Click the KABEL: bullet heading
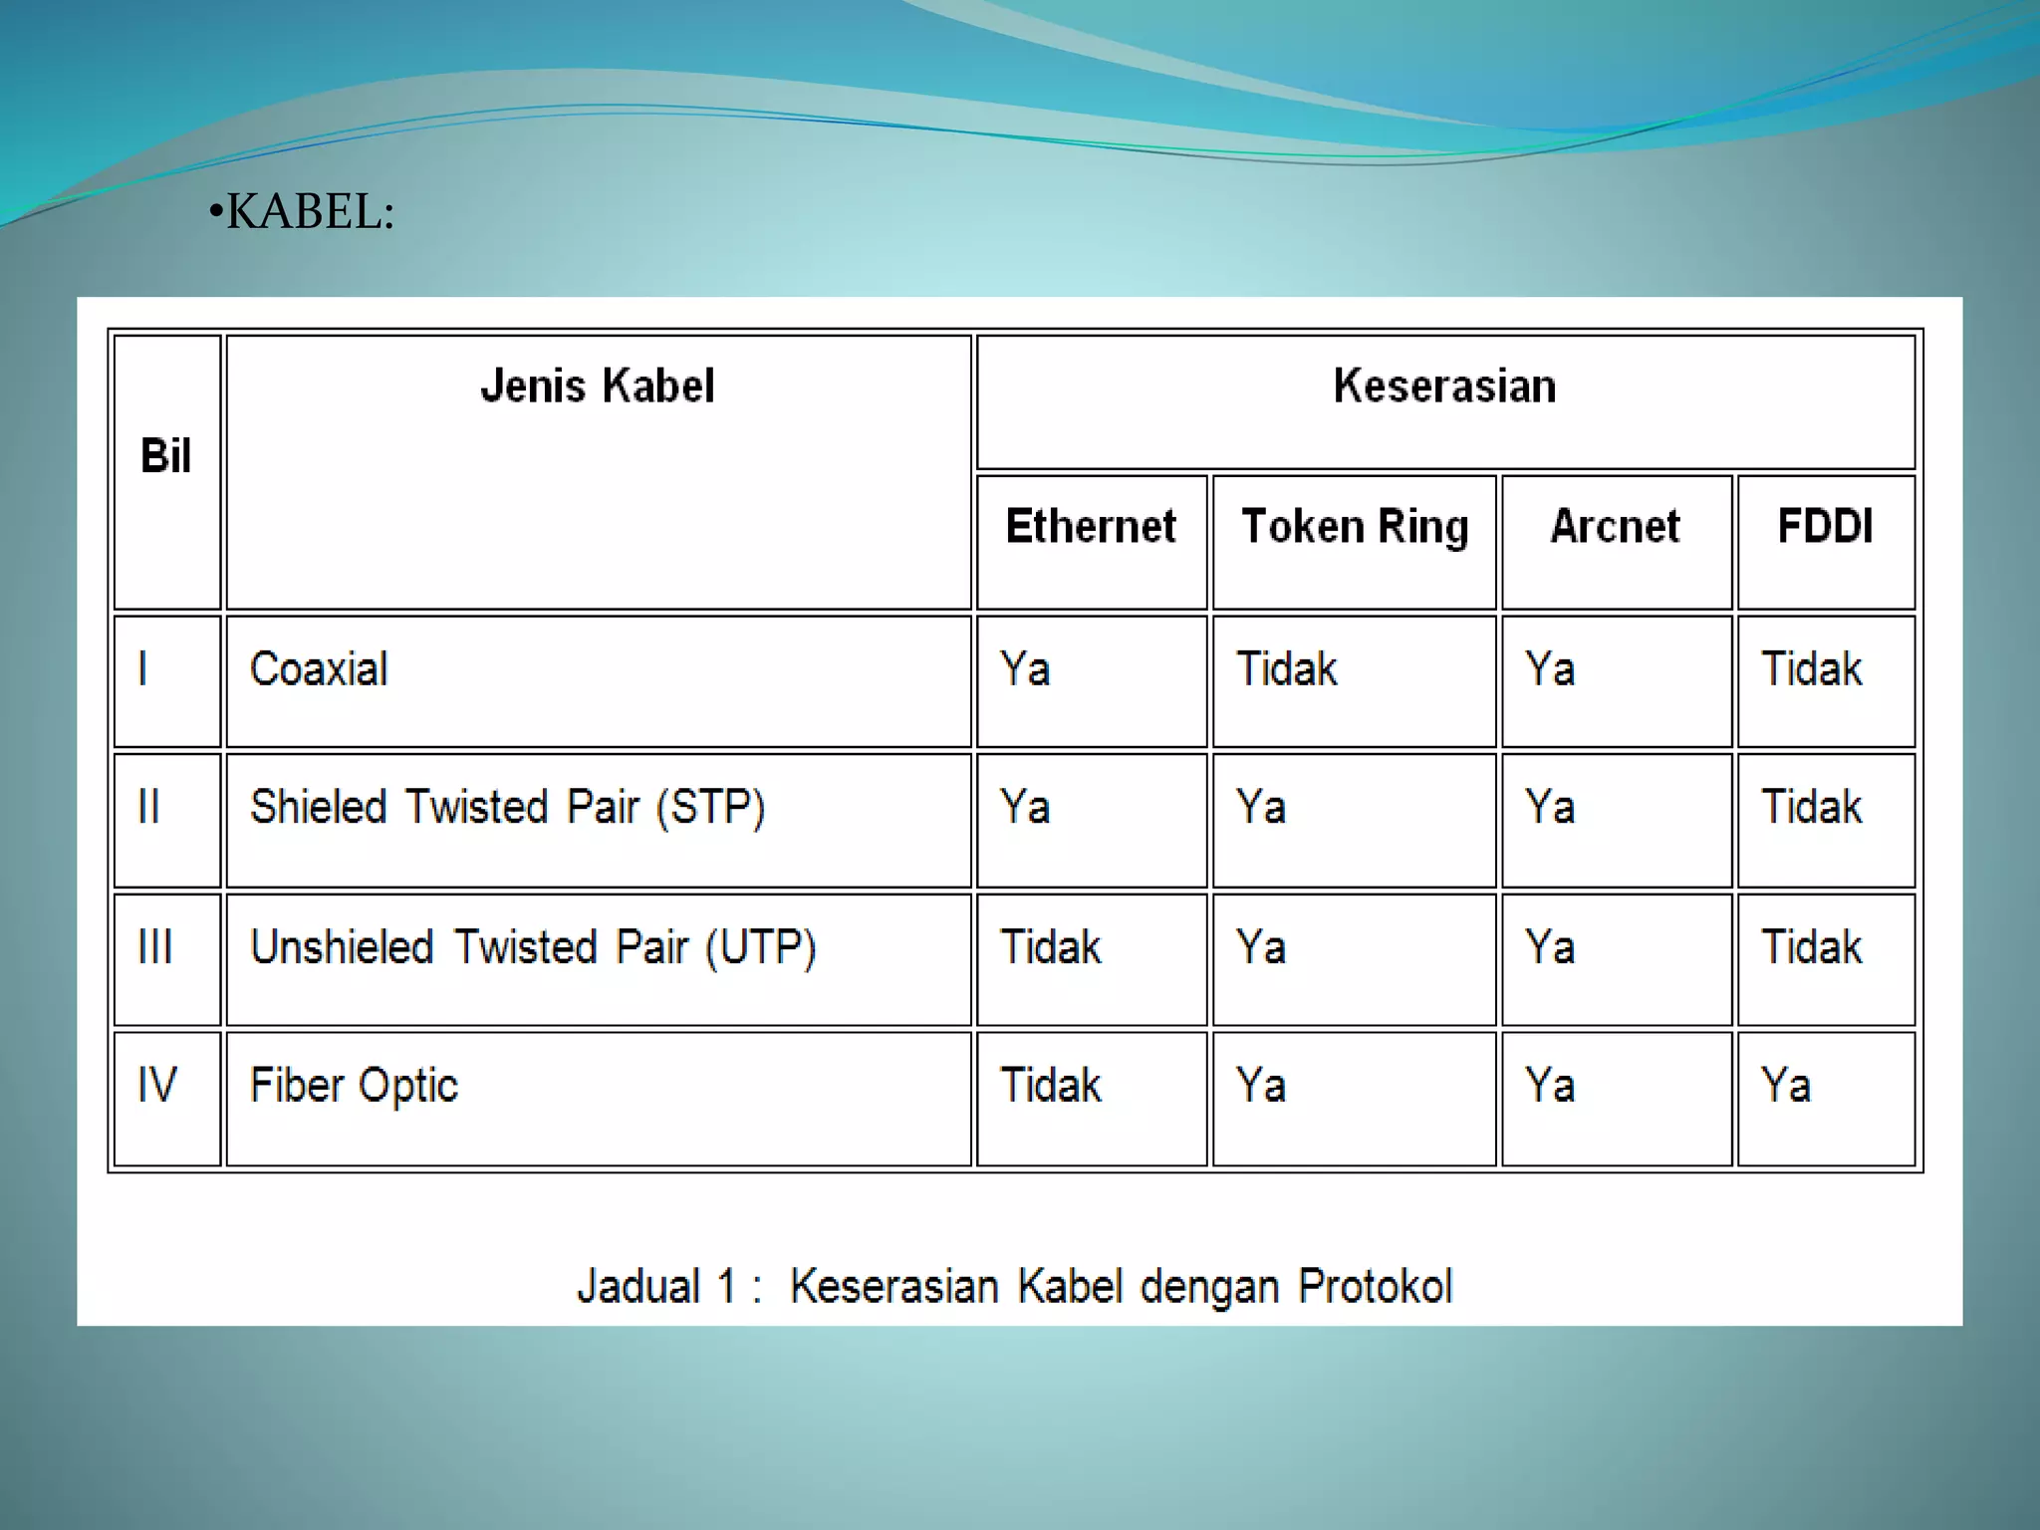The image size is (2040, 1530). pyautogui.click(x=303, y=212)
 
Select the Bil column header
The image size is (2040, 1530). pyautogui.click(x=165, y=456)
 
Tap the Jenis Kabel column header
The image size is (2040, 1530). pyautogui.click(x=598, y=386)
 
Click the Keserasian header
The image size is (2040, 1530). pyautogui.click(x=1444, y=386)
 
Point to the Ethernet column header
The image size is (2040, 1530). pyautogui.click(x=1091, y=527)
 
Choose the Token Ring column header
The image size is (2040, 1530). pyautogui.click(x=1355, y=527)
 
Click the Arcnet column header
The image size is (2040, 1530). pyautogui.click(x=1615, y=527)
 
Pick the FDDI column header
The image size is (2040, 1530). pyautogui.click(x=1825, y=527)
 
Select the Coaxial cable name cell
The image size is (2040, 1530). pyautogui.click(x=319, y=669)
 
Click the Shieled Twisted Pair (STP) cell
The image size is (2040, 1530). pyautogui.click(x=507, y=808)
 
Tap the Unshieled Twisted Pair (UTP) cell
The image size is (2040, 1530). pyautogui.click(x=533, y=947)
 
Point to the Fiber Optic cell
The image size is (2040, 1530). pyautogui.click(x=354, y=1086)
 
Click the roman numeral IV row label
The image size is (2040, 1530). pyautogui.click(x=157, y=1086)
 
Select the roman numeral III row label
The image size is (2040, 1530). pyautogui.click(x=155, y=947)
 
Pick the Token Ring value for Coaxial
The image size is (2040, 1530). pyautogui.click(x=1286, y=669)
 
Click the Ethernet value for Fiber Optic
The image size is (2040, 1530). pyautogui.click(x=1051, y=1086)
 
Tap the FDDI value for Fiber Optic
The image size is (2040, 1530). pyautogui.click(x=1785, y=1086)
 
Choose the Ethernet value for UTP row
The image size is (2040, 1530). pyautogui.click(x=1051, y=947)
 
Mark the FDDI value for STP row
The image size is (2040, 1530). pyautogui.click(x=1811, y=808)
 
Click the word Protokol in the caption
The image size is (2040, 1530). pyautogui.click(x=1375, y=1287)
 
